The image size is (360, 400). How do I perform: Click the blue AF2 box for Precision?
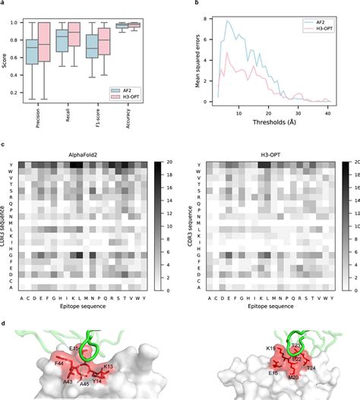[x=32, y=52]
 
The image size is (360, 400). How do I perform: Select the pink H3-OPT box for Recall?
[x=74, y=34]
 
